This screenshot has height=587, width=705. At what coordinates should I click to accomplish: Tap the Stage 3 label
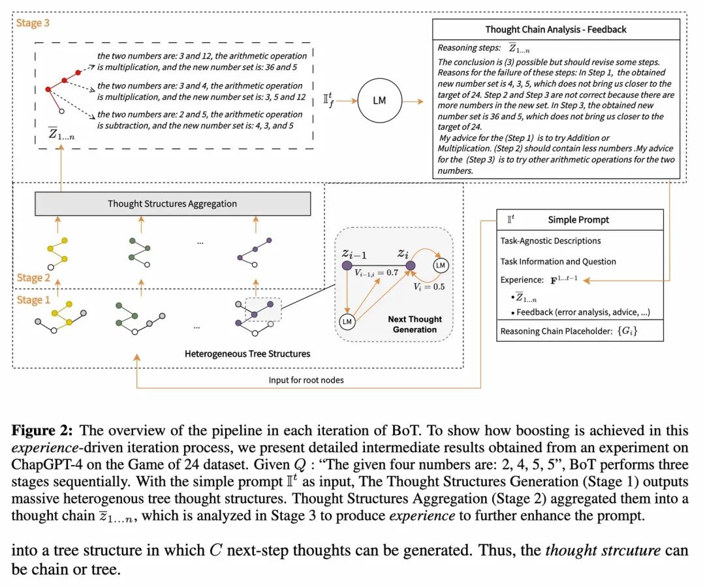(32, 23)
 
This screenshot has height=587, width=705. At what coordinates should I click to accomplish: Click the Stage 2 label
(32, 278)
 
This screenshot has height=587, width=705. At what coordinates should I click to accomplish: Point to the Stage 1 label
(32, 300)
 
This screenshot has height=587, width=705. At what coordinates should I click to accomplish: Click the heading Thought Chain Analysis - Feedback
(555, 29)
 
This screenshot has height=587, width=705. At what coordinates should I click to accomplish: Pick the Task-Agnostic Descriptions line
(550, 241)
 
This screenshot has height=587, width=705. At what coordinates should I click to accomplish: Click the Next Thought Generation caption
(415, 324)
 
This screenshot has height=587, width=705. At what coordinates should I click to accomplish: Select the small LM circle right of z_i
(441, 266)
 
